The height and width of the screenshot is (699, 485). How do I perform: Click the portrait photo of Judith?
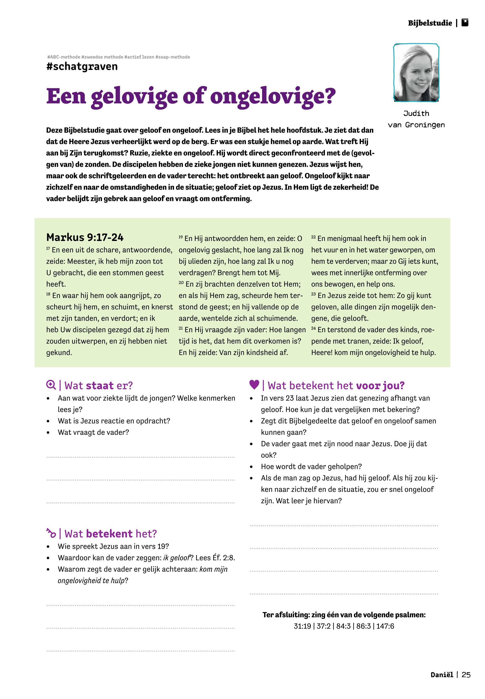click(416, 73)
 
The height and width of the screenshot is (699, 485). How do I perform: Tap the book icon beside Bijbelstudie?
click(465, 23)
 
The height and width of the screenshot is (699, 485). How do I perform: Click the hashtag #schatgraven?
click(82, 66)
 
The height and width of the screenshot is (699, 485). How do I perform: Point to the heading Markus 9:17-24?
click(85, 237)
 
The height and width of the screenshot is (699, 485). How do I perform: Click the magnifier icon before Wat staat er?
click(51, 385)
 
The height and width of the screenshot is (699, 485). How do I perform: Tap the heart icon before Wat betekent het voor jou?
click(254, 385)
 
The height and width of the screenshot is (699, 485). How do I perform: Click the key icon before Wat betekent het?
click(51, 533)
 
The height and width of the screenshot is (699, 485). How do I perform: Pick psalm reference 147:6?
click(385, 626)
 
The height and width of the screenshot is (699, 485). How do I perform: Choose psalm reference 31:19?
click(302, 626)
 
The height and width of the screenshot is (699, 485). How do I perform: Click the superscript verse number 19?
click(181, 237)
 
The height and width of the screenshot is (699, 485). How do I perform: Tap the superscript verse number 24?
click(314, 328)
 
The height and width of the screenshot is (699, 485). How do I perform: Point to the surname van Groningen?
click(416, 125)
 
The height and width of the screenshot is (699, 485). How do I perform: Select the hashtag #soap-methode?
click(173, 57)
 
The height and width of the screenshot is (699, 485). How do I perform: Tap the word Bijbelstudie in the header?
click(430, 23)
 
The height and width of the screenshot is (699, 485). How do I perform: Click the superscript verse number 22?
click(314, 237)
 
